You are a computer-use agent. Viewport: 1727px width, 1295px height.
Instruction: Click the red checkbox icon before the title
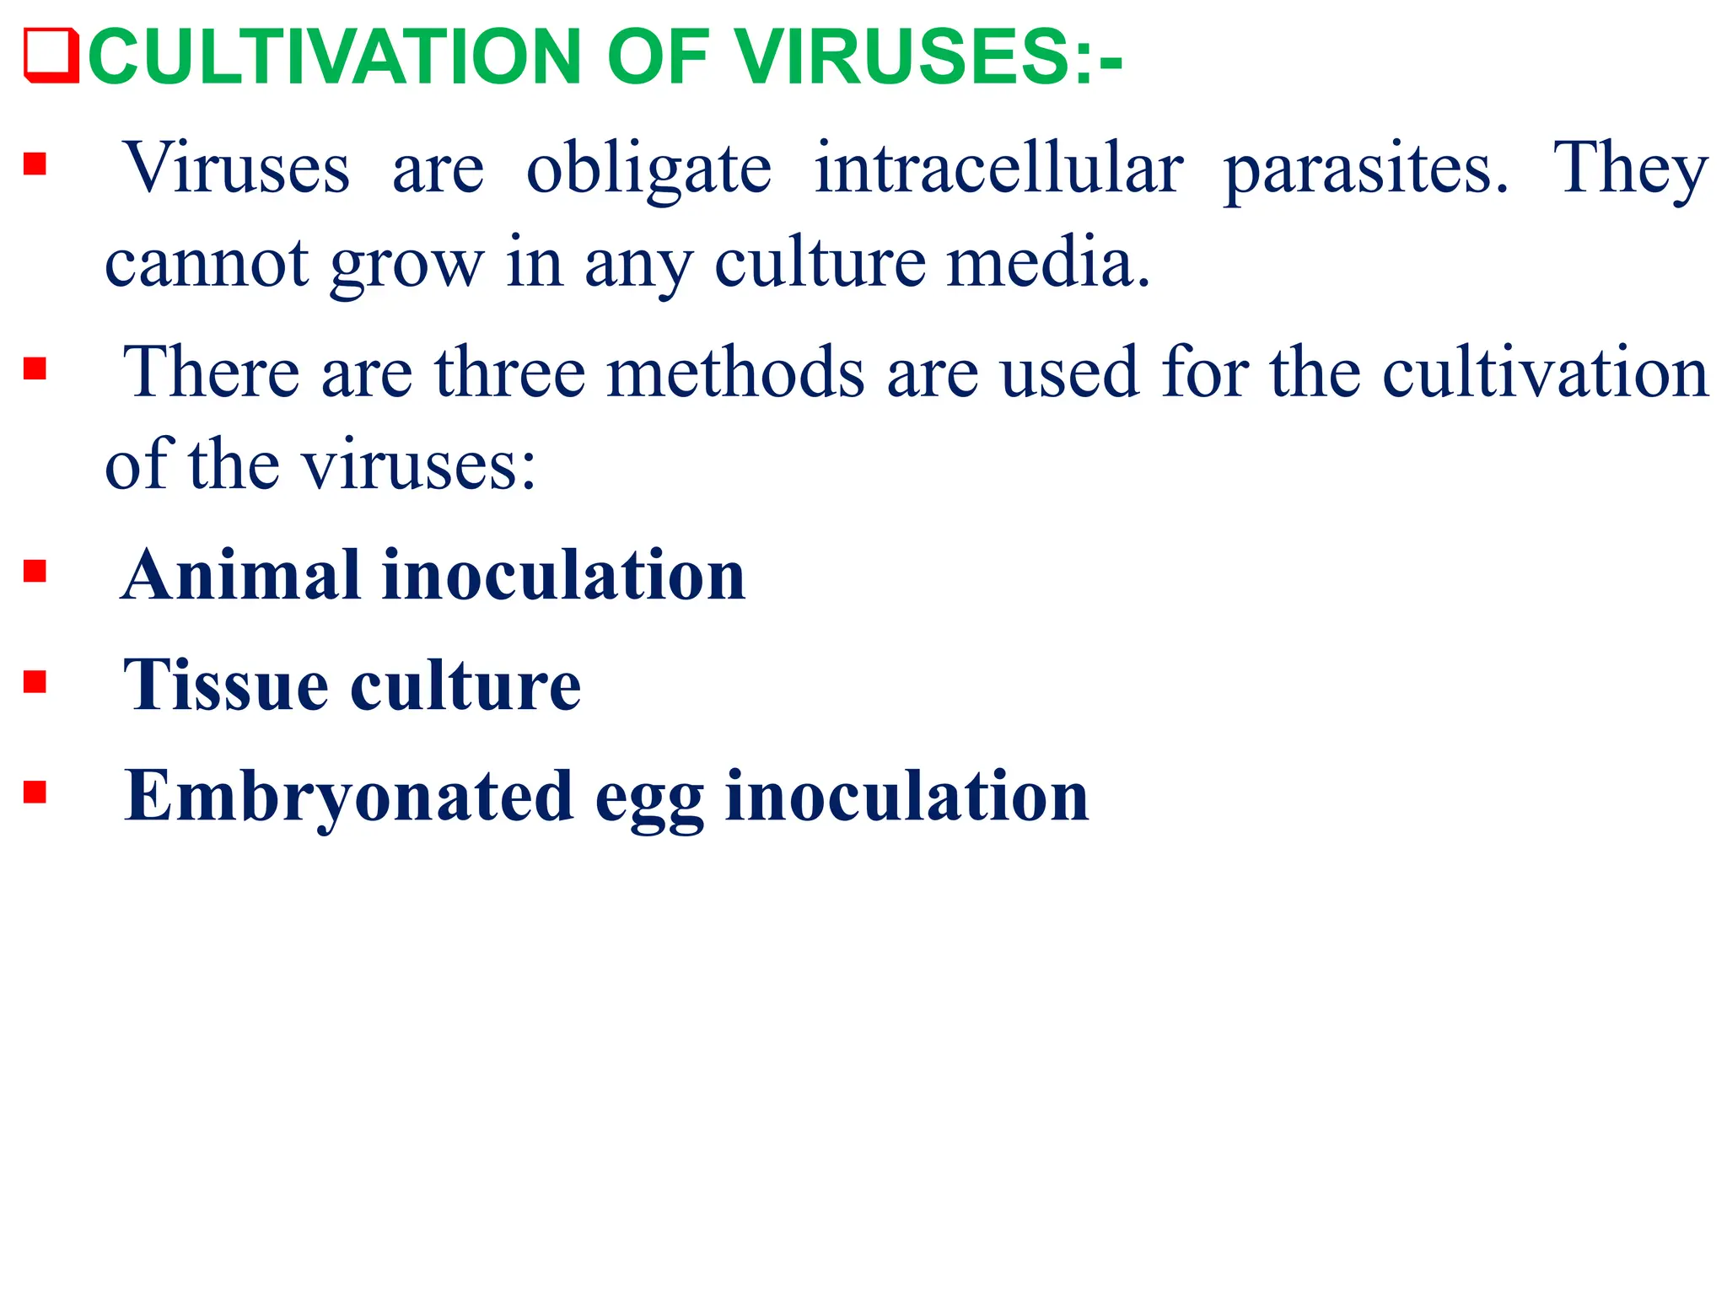tap(51, 56)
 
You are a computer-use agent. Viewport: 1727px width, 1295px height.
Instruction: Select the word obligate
tap(648, 169)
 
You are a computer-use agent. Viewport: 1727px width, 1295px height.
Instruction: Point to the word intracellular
tap(998, 169)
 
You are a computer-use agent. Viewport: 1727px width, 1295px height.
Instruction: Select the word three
tap(509, 373)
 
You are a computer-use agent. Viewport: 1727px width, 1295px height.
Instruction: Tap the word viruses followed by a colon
tap(418, 466)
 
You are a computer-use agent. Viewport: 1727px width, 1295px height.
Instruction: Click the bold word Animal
tap(241, 576)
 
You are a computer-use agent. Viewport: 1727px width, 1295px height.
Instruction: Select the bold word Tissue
tap(226, 685)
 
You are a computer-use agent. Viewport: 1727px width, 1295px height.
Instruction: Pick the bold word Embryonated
tap(348, 797)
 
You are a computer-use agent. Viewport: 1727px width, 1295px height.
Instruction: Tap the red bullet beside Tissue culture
tap(35, 681)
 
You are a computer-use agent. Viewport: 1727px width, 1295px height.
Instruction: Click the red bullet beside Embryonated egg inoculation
tap(35, 793)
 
